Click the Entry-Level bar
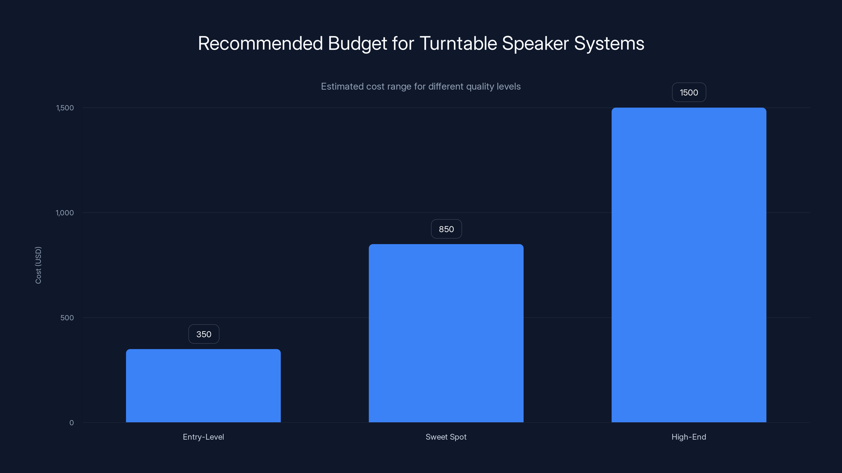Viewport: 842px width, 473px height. [203, 385]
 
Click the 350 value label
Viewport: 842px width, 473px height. [204, 334]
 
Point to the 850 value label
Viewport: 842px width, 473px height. [446, 229]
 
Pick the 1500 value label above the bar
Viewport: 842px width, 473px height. [689, 92]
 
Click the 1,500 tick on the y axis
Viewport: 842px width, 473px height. [65, 108]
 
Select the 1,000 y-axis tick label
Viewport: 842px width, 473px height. [65, 213]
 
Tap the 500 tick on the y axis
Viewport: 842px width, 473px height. [67, 318]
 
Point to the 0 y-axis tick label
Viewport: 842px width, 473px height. [72, 423]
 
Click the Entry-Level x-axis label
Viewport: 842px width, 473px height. [203, 437]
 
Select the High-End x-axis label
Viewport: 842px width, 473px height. [689, 437]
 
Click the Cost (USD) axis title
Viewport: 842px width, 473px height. [38, 265]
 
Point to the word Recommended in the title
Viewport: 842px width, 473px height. [260, 43]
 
